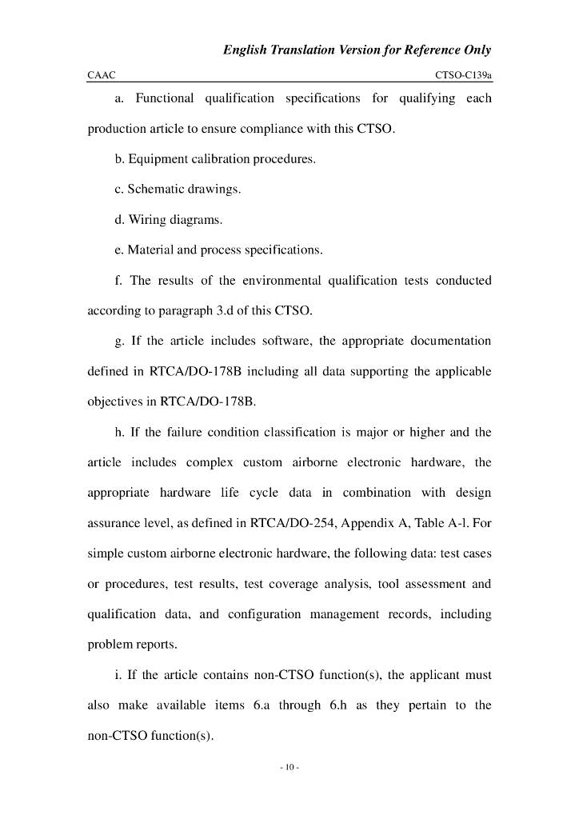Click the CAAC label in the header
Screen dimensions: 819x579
pyautogui.click(x=102, y=74)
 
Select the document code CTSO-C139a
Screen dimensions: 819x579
pyautogui.click(x=463, y=74)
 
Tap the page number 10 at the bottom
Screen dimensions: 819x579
pyautogui.click(x=289, y=768)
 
